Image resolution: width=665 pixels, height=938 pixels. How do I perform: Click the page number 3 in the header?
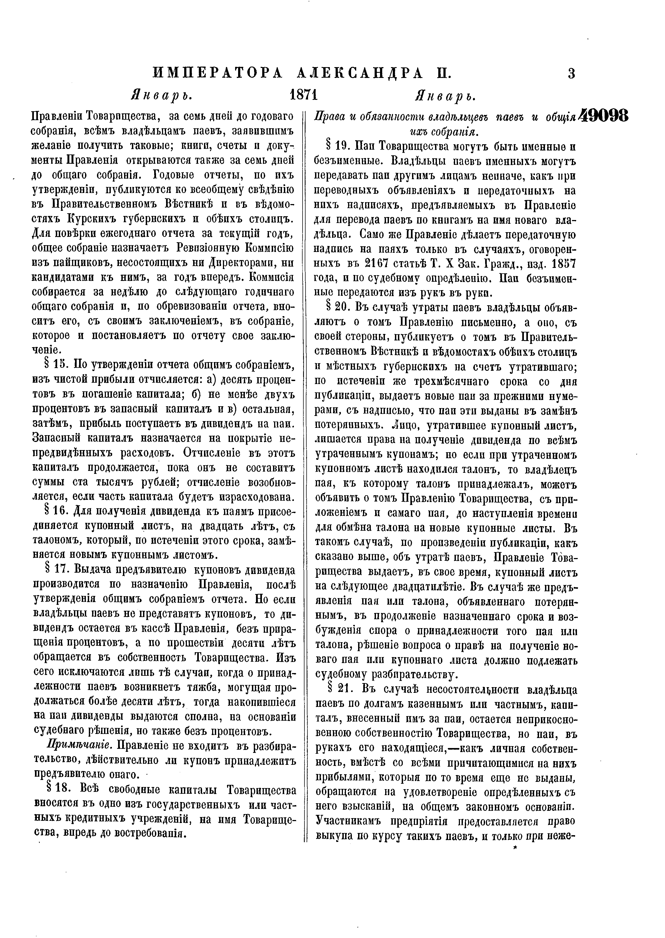(572, 74)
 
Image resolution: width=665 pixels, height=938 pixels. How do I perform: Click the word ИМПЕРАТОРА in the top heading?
(218, 74)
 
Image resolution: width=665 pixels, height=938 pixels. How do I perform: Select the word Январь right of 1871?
(445, 97)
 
